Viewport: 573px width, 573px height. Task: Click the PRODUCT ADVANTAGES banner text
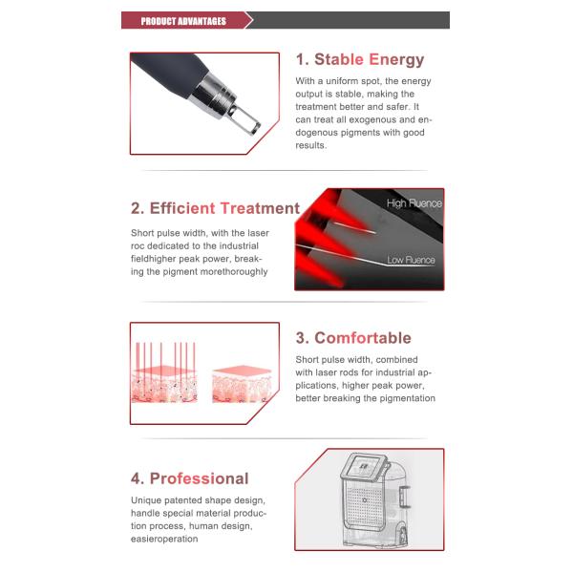(183, 20)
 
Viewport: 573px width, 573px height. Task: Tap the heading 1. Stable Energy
(359, 60)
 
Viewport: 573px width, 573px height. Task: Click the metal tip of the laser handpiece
(238, 113)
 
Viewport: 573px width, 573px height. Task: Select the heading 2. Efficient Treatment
(215, 208)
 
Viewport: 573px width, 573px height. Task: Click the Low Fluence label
(411, 260)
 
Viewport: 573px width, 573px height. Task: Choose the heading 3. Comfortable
(352, 338)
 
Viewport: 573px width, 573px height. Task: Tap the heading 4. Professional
(189, 478)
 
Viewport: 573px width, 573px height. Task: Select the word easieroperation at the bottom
(163, 539)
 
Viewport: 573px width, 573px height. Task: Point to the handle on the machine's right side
(404, 497)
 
